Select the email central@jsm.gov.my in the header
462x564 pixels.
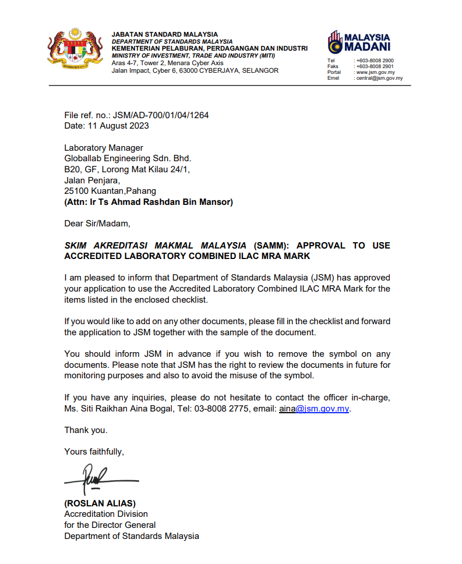point(379,78)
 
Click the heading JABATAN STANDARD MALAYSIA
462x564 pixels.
point(164,34)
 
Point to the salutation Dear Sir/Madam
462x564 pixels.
point(97,223)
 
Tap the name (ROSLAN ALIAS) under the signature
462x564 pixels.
point(100,503)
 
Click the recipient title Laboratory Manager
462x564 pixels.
point(103,148)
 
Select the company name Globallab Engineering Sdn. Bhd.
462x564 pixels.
point(127,158)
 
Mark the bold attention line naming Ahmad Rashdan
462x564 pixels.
point(149,202)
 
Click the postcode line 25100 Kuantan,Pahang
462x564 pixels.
point(110,191)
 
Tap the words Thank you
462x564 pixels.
point(86,430)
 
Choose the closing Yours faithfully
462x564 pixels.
point(94,451)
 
